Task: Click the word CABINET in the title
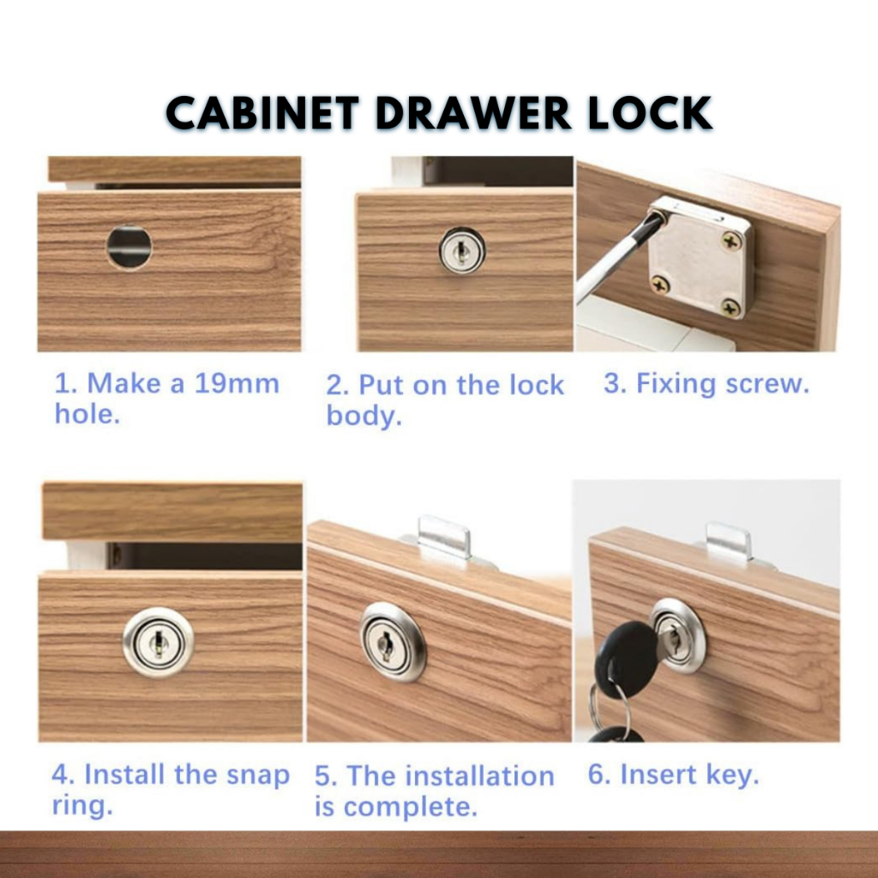click(262, 113)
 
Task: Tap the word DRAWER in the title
click(473, 113)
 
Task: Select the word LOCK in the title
click(650, 113)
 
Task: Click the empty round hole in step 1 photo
click(129, 247)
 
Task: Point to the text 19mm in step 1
click(237, 383)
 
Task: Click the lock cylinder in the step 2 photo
click(462, 250)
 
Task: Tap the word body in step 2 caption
click(364, 417)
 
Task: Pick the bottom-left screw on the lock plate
click(660, 286)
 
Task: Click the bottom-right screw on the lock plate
click(731, 308)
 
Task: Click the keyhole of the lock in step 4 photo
click(159, 642)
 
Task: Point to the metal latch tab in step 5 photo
click(444, 537)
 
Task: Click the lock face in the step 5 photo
click(393, 642)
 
